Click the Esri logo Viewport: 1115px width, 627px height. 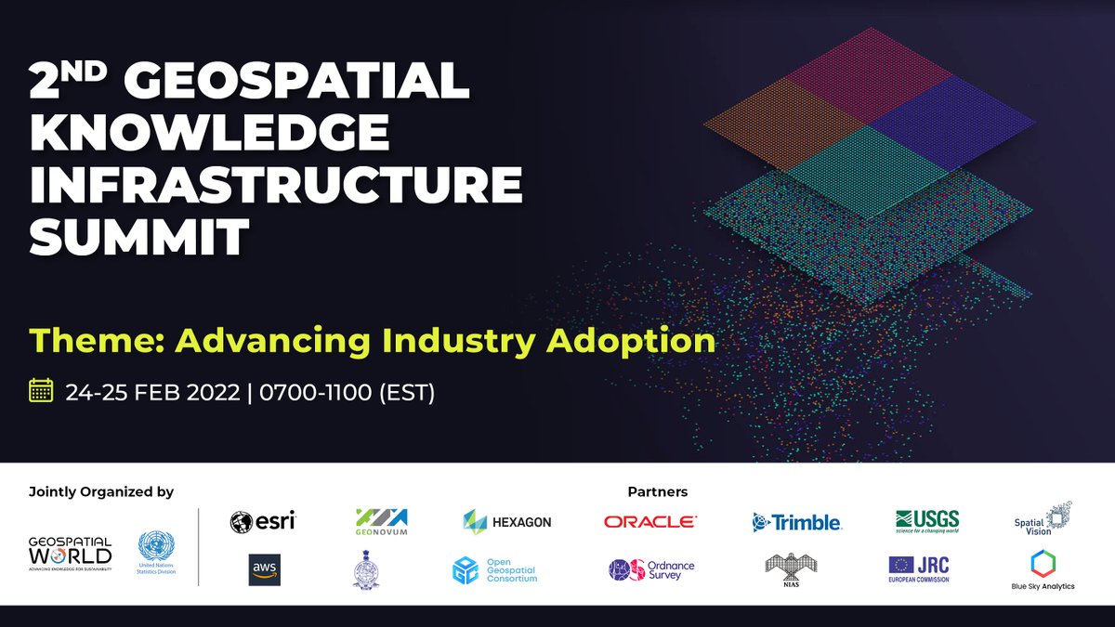(x=262, y=521)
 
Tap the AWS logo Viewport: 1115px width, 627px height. (x=264, y=569)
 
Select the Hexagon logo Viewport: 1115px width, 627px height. (x=506, y=521)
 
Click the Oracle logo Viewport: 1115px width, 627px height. (x=649, y=522)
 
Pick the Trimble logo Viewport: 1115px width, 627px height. (x=796, y=522)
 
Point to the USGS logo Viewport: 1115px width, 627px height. (x=926, y=521)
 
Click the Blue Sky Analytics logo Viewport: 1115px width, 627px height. (x=1043, y=569)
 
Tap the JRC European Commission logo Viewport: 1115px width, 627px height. (x=919, y=568)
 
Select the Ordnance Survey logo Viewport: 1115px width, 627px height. (x=651, y=569)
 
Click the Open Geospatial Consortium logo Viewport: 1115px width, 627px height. (x=494, y=569)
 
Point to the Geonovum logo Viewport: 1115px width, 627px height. (x=381, y=521)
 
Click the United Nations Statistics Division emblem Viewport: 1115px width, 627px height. (x=156, y=553)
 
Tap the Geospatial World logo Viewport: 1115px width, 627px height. (x=70, y=553)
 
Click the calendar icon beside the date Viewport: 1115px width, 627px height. (x=41, y=390)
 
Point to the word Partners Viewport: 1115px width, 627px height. (x=657, y=491)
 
